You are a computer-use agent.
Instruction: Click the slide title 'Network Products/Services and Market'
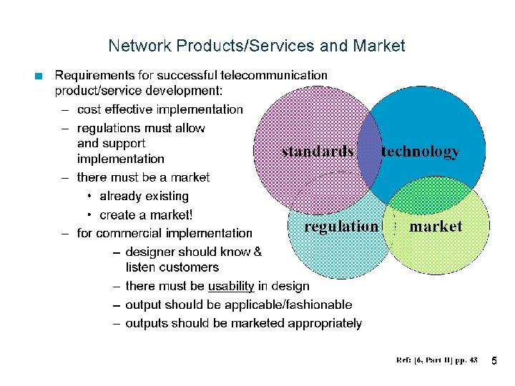tap(256, 46)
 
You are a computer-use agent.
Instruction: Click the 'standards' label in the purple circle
tap(318, 152)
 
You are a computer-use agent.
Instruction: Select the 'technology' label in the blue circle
tap(421, 152)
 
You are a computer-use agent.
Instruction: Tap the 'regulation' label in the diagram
tap(341, 227)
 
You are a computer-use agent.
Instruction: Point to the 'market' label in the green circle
tap(436, 227)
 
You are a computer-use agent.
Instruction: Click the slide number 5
tap(494, 362)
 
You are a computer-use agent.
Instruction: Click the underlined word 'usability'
tap(231, 286)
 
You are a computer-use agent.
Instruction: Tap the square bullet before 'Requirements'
tap(40, 75)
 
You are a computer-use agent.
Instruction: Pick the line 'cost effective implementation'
tap(160, 109)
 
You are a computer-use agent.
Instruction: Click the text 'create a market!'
tap(146, 214)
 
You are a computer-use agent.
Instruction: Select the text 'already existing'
tap(144, 196)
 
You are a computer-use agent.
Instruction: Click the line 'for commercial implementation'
tap(164, 233)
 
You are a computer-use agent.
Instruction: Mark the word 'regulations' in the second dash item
tap(109, 128)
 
